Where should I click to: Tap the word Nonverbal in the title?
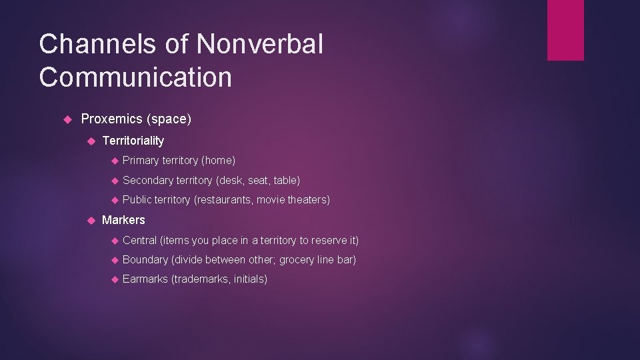260,45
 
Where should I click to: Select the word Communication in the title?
135,77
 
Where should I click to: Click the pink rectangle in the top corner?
565,30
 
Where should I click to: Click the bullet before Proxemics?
67,119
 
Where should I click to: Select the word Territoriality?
133,141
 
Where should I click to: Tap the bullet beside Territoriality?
91,141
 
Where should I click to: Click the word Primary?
141,161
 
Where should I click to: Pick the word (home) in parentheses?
219,161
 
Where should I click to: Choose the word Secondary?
148,181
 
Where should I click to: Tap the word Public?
137,200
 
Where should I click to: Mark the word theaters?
308,200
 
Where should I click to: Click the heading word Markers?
123,220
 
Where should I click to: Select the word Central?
140,240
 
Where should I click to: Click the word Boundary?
145,260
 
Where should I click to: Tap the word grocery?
297,260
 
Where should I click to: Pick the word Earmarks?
145,279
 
